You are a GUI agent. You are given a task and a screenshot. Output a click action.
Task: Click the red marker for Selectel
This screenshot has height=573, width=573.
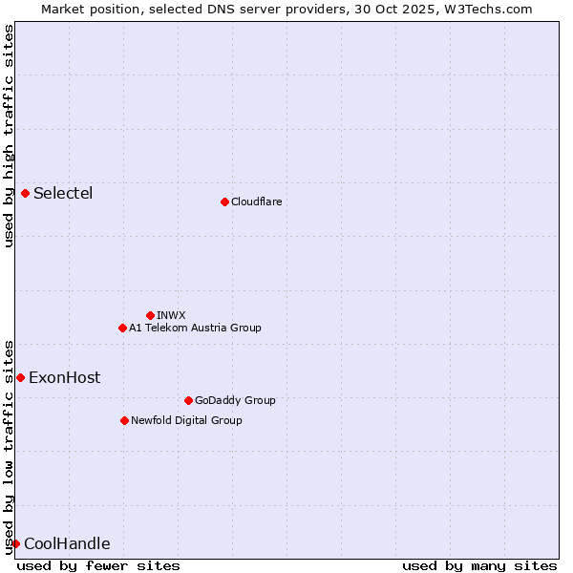25,194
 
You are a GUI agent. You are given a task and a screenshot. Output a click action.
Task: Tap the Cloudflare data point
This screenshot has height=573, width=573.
224,202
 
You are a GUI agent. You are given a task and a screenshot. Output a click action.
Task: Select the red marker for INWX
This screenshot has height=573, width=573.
150,315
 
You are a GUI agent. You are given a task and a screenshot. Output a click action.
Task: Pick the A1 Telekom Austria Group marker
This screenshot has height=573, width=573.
122,328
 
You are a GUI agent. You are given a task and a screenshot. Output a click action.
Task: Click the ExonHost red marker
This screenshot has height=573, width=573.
20,377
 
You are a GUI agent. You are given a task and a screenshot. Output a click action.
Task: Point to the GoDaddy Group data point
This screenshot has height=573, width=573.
188,400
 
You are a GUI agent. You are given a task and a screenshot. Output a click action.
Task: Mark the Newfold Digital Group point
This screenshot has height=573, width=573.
124,420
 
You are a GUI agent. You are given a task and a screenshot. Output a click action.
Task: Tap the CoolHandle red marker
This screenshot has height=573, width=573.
15,544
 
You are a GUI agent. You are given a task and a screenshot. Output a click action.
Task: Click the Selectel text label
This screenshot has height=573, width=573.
63,194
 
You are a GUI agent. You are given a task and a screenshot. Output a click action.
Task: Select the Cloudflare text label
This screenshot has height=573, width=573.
256,202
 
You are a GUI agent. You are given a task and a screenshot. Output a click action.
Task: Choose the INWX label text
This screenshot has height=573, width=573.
171,315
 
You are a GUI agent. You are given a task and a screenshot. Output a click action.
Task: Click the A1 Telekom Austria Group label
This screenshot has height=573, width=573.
195,328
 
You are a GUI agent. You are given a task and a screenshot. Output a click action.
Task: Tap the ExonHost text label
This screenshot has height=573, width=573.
64,377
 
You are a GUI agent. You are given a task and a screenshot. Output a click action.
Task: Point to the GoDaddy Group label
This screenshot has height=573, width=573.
235,400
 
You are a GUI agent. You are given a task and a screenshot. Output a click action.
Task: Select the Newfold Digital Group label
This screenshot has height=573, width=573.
186,420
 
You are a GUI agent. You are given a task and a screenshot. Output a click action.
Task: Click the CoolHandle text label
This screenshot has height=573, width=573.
67,544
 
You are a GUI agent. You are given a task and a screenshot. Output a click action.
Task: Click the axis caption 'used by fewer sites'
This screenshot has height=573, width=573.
98,565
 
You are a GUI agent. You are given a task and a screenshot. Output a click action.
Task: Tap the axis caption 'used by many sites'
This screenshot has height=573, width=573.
479,565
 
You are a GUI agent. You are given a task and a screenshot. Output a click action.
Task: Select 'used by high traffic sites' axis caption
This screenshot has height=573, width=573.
9,136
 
